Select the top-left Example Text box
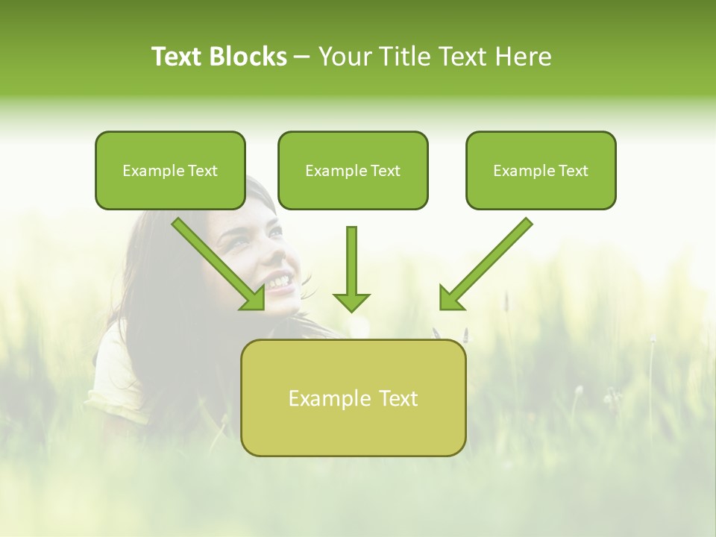click(170, 170)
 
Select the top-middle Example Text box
click(353, 170)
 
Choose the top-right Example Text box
click(541, 170)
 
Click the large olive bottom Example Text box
click(353, 398)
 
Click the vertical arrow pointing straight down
click(351, 261)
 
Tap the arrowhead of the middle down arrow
click(351, 302)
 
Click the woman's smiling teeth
click(278, 282)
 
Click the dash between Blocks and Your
click(302, 57)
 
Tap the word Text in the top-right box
click(573, 171)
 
